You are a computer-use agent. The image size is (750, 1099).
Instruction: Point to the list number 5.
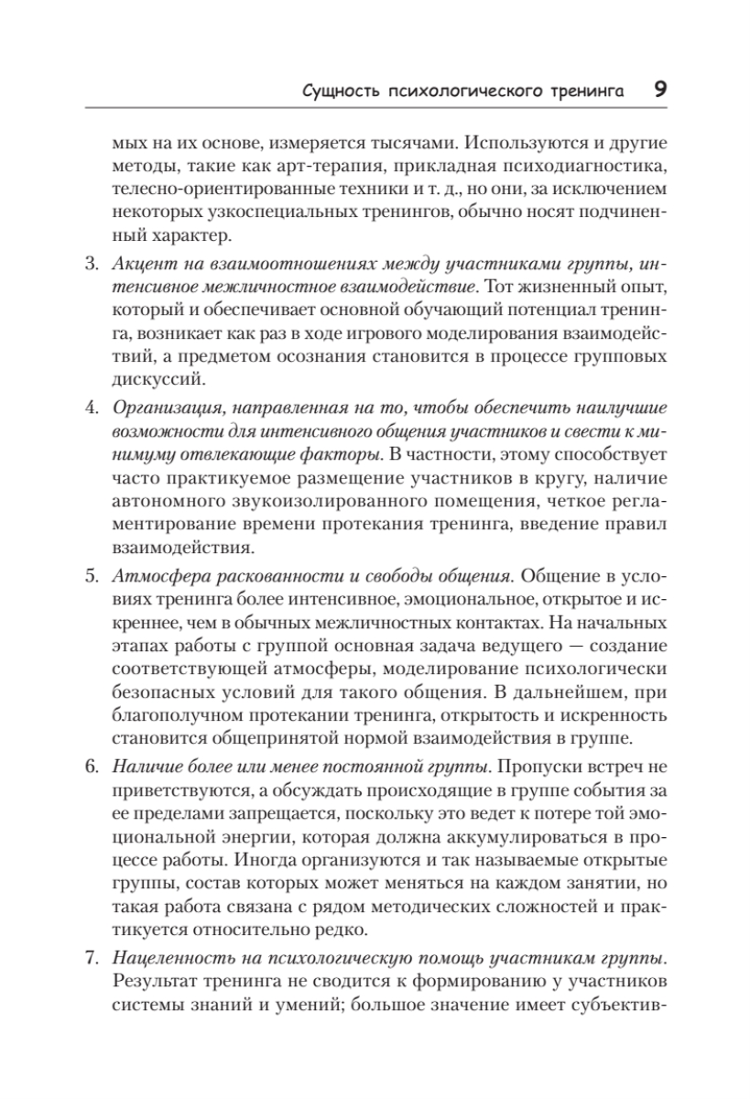91,577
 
